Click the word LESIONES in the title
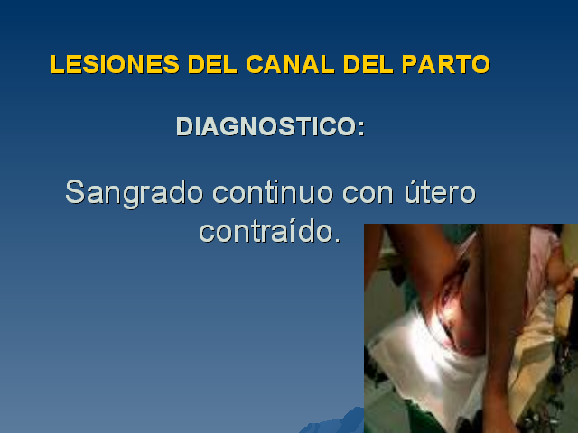[115, 64]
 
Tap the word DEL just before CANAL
[212, 64]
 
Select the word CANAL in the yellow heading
[290, 64]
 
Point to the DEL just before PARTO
[368, 64]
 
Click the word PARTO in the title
[445, 64]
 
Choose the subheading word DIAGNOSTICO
[266, 126]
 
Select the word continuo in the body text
[273, 192]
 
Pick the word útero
[440, 192]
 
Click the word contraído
[266, 231]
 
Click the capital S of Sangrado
[75, 192]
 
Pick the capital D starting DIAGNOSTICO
[184, 126]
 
